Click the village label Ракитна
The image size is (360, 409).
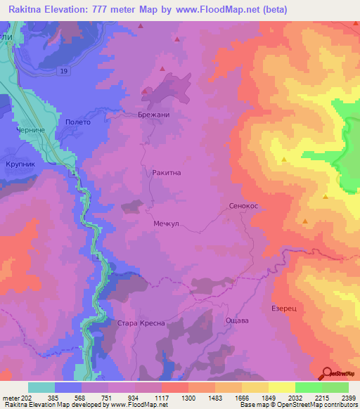pos(167,171)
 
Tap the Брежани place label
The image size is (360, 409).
pos(154,115)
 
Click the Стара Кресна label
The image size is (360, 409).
pos(141,323)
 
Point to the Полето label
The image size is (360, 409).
pos(77,122)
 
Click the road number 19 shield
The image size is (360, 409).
pos(64,72)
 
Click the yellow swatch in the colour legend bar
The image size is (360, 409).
pos(281,387)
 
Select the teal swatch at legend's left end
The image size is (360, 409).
pos(41,387)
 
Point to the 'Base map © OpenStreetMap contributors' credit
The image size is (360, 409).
pos(297,405)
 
